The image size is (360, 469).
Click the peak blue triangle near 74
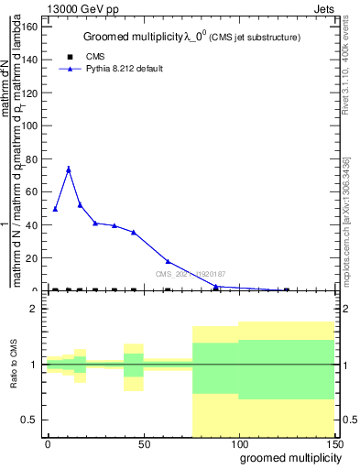pyautogui.click(x=68, y=169)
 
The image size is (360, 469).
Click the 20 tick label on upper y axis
pyautogui.click(x=32, y=258)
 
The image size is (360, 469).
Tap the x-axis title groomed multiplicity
pyautogui.click(x=287, y=457)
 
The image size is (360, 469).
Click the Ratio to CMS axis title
pyautogui.click(x=14, y=365)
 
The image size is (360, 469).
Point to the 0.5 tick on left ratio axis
pyautogui.click(x=30, y=420)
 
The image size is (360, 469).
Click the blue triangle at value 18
pyautogui.click(x=168, y=262)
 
